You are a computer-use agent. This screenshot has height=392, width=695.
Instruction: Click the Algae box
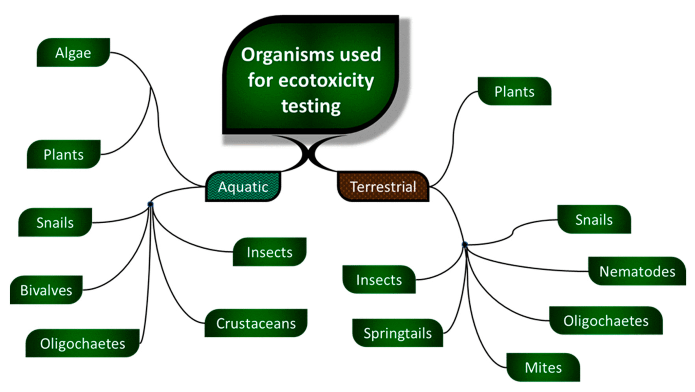point(73,53)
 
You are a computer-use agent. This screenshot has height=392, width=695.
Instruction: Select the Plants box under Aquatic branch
point(63,154)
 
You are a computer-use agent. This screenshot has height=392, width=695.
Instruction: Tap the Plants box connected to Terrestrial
point(514,92)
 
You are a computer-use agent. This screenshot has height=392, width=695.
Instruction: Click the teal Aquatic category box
point(243,187)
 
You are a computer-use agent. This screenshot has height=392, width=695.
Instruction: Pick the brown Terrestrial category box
point(383,187)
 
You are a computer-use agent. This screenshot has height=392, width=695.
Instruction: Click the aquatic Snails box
point(55,223)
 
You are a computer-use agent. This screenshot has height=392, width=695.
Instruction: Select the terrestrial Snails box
point(594,220)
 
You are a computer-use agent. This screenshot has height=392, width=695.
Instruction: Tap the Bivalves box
point(46,290)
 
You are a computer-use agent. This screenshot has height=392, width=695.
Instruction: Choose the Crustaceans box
point(256,323)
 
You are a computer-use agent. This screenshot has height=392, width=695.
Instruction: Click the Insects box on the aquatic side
point(269,252)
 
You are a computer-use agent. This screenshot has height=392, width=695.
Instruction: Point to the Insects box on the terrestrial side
point(379,280)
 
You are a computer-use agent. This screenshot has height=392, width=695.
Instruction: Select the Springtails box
point(397,333)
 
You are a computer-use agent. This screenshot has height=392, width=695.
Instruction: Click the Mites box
point(543,368)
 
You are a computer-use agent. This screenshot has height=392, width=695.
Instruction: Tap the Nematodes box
point(637,271)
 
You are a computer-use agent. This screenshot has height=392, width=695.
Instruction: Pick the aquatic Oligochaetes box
point(82,343)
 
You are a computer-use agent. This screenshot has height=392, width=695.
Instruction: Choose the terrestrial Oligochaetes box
point(606,321)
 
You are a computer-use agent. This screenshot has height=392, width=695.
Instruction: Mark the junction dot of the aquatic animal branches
point(150,204)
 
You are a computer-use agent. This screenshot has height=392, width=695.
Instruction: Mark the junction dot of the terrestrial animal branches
point(465,244)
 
